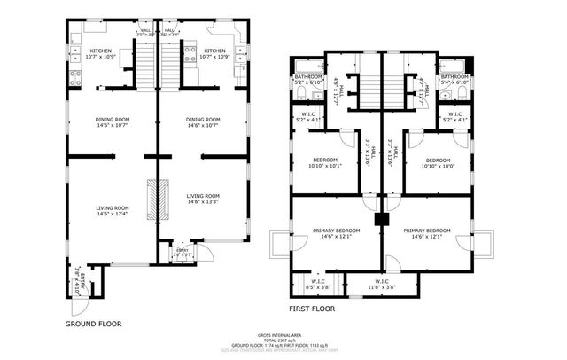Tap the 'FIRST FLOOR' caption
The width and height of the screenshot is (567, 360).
pyautogui.click(x=313, y=309)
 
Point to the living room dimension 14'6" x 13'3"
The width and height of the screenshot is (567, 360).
pyautogui.click(x=203, y=203)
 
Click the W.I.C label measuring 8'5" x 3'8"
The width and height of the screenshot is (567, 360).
pyautogui.click(x=317, y=286)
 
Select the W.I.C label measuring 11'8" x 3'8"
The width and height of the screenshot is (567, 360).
pyautogui.click(x=383, y=286)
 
